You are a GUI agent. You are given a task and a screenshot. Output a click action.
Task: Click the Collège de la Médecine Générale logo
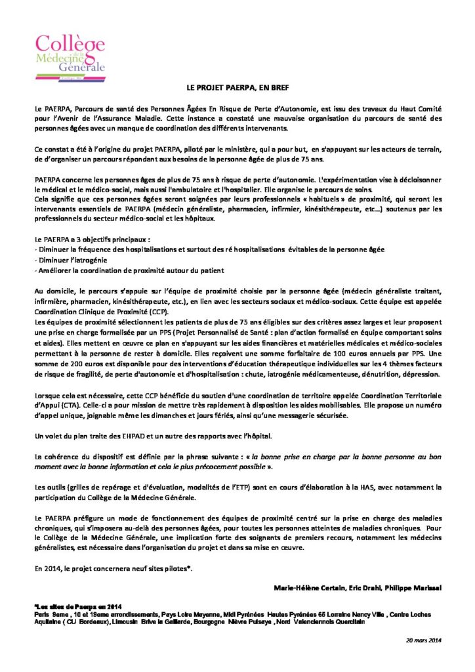(x=70, y=53)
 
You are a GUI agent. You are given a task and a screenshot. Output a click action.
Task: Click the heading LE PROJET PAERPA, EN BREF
(x=237, y=87)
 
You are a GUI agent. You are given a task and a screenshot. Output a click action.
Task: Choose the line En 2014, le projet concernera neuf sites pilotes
(x=113, y=566)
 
